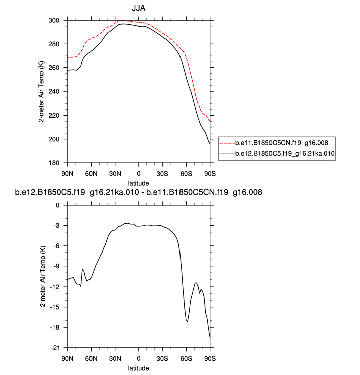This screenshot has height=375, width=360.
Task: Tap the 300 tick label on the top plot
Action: pos(54,21)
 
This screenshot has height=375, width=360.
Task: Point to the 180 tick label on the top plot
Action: pos(54,163)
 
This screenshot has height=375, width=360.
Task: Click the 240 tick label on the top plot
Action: pos(54,92)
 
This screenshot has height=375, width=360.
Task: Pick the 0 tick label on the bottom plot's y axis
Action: pos(58,205)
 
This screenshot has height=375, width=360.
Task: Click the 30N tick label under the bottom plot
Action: pos(115,359)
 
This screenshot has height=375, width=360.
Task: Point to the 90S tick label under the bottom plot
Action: pos(210,359)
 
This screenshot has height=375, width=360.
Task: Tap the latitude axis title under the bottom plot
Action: pos(138,368)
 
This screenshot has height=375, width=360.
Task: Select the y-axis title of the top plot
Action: pos(42,92)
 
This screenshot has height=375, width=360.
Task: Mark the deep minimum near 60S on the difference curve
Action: pos(187,321)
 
